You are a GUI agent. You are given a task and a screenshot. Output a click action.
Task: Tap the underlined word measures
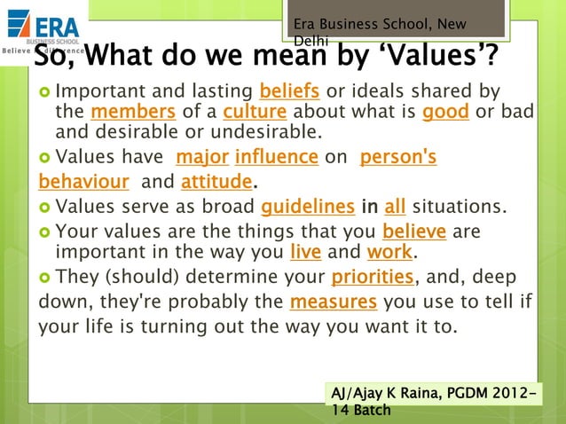[x=333, y=301]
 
